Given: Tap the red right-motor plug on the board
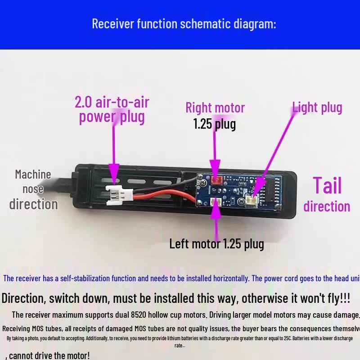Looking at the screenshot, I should [x=216, y=181].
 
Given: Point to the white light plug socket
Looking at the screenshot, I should [x=254, y=199].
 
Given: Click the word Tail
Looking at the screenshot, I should [x=327, y=185].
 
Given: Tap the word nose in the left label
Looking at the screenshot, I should [x=33, y=189].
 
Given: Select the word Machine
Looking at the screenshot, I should [x=33, y=174].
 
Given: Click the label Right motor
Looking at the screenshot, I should [x=215, y=108].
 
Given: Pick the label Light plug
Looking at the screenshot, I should [x=317, y=108].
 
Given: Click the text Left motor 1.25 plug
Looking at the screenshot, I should [x=216, y=244].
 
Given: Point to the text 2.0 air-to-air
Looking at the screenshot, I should [x=112, y=102].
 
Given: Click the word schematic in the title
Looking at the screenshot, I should [x=205, y=23].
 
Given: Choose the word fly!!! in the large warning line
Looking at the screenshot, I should [x=333, y=298].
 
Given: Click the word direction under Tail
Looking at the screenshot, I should [x=327, y=206].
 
